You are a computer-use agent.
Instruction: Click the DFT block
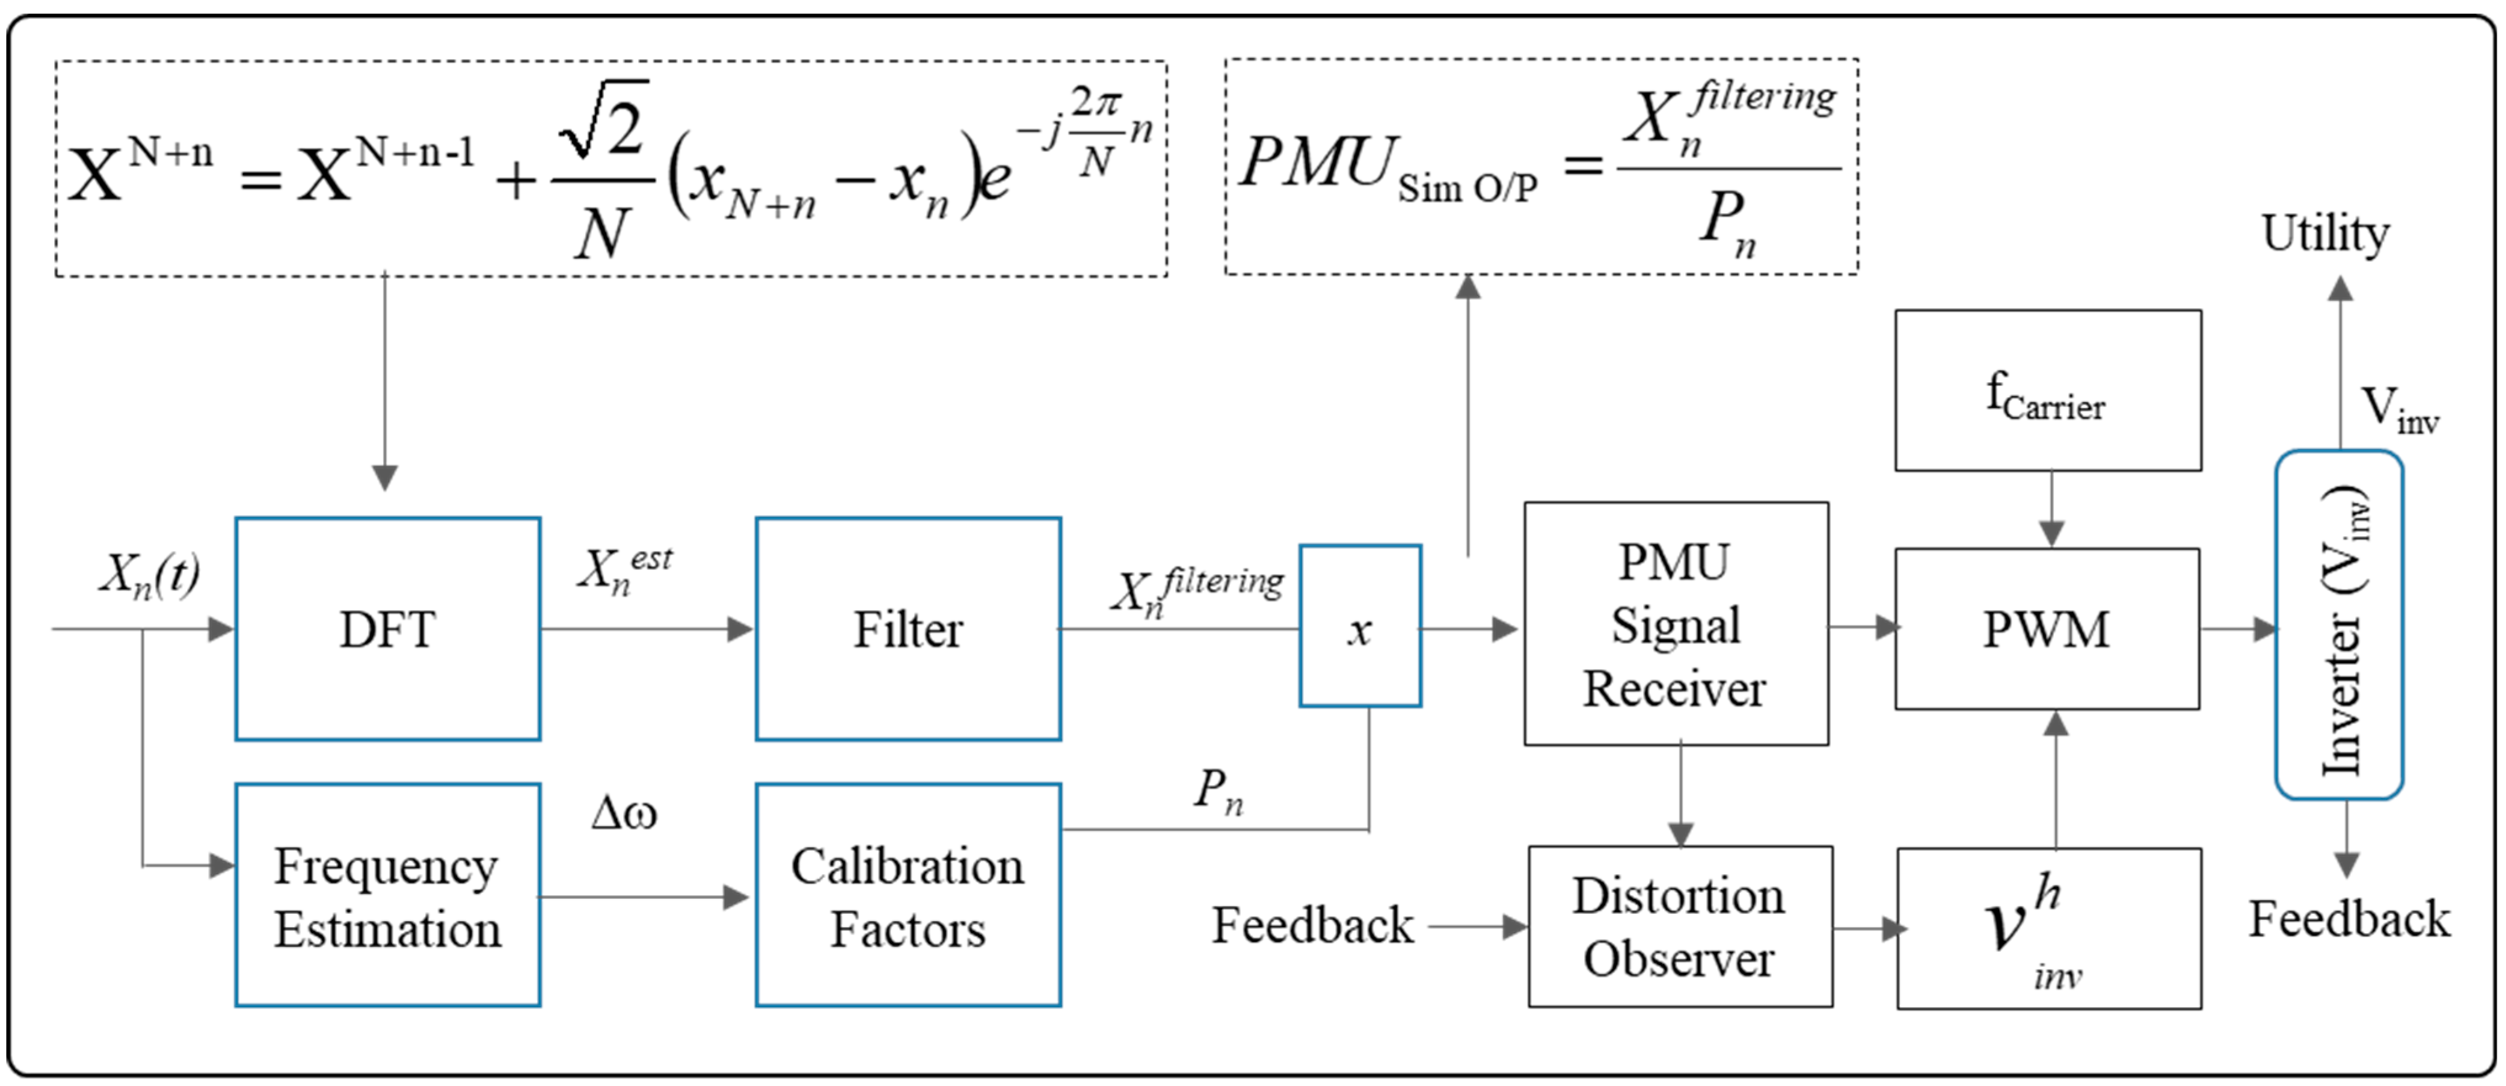(387, 629)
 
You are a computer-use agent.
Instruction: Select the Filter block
(908, 629)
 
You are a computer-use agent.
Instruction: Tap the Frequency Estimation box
(387, 895)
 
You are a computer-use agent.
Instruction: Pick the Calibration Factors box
(908, 895)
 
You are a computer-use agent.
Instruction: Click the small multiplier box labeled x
(1360, 627)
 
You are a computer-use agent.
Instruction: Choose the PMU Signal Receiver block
(1675, 624)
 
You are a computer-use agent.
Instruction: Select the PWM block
(2047, 629)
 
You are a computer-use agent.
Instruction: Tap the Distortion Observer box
(1680, 927)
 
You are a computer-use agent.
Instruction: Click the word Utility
(2325, 233)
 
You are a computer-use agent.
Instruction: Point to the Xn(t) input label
(150, 574)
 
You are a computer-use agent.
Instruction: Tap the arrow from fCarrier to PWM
(2051, 510)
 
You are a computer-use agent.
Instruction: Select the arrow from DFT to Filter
(647, 629)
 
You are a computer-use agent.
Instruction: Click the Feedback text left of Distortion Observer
(1311, 925)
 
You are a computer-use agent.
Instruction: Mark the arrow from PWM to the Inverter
(2237, 629)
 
